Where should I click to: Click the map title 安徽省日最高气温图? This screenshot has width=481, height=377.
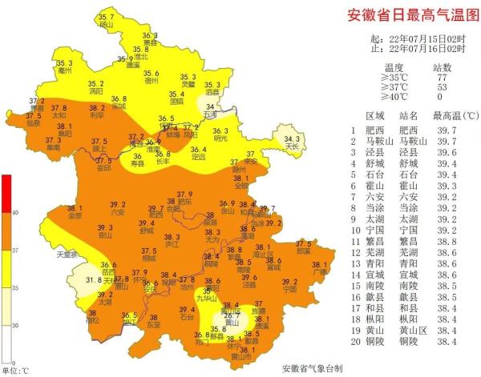click(408, 15)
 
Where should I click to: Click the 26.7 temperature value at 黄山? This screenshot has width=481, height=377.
click(232, 317)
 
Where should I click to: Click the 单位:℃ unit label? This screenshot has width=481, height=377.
click(14, 371)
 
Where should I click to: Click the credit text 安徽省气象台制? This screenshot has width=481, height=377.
click(312, 369)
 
